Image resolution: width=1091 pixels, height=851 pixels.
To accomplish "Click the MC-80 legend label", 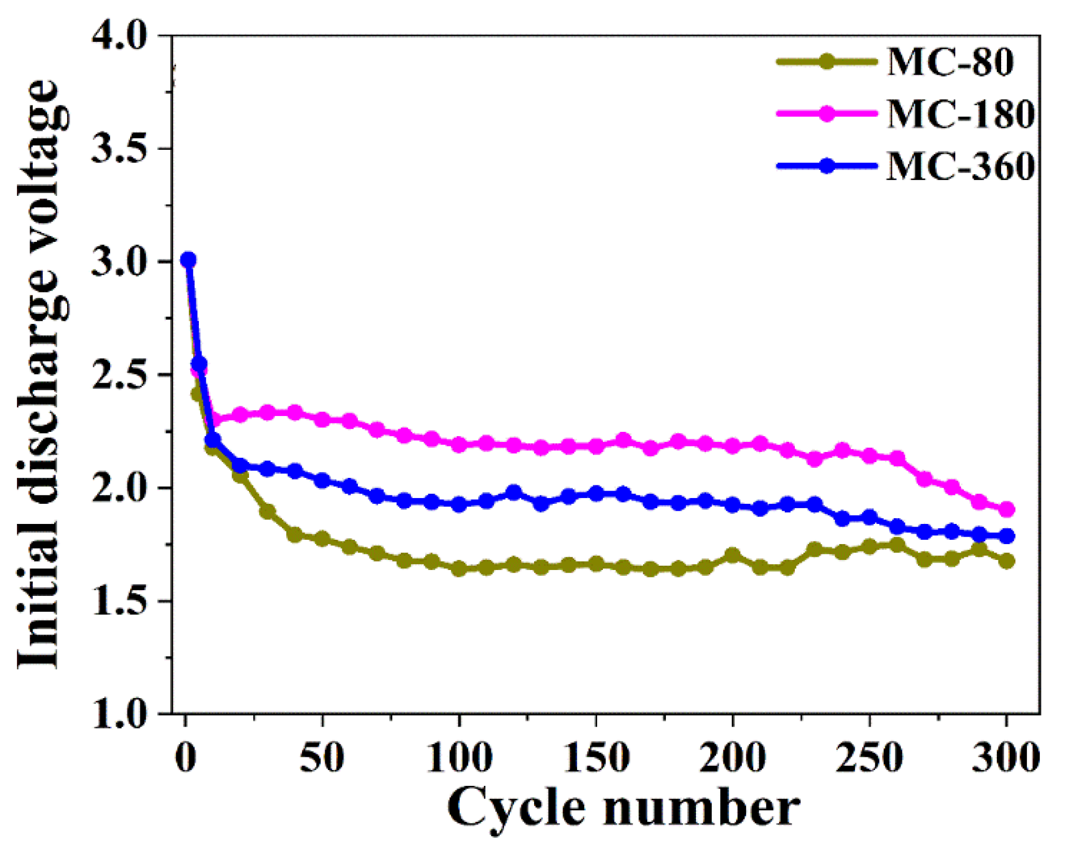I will coord(950,62).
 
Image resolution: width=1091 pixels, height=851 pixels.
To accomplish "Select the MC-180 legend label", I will coord(960,114).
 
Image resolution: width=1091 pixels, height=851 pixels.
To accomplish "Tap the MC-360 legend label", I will coord(960,167).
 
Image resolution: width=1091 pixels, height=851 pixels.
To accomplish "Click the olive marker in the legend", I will coord(827,61).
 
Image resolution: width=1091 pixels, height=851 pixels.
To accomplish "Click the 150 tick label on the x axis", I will coord(596,758).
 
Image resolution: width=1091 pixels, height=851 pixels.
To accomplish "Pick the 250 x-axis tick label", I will coord(869,758).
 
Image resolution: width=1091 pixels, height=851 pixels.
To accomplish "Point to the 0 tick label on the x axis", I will coord(186,758).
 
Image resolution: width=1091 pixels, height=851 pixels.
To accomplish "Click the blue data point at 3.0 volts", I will coord(188,260).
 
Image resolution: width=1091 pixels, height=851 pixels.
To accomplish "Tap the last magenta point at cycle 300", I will coord(1007,510).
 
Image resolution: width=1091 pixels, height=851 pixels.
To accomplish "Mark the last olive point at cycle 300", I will coord(1007,561).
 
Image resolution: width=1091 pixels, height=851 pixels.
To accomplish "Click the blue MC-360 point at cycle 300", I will coord(1007,536).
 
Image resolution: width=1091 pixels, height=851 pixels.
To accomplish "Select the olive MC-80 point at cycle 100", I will coord(459,569).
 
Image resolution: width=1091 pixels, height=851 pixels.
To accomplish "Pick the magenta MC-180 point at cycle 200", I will coord(733,446).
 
